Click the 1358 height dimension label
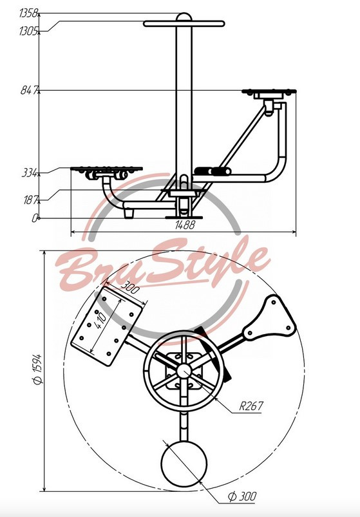tap(29, 13)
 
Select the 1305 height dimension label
tap(29, 32)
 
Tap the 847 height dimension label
tap(29, 90)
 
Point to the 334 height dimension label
tap(30, 173)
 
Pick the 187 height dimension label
tap(30, 200)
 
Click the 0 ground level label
tap(35, 218)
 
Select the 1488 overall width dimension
tap(185, 225)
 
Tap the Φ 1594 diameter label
tap(37, 370)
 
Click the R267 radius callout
tap(251, 406)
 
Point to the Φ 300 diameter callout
tap(242, 496)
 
